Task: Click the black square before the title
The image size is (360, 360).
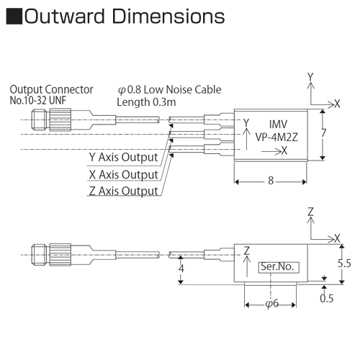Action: (14, 17)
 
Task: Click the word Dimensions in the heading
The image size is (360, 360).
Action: (168, 17)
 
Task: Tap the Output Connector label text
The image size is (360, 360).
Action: (51, 90)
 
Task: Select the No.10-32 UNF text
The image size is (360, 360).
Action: (37, 101)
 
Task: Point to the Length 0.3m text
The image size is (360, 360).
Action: (146, 102)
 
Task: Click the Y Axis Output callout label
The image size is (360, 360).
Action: (124, 158)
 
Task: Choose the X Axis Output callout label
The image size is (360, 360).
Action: (124, 174)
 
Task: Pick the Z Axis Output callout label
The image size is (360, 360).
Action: (124, 192)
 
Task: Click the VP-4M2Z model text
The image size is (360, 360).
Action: (276, 138)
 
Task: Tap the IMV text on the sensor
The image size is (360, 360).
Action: (278, 125)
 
